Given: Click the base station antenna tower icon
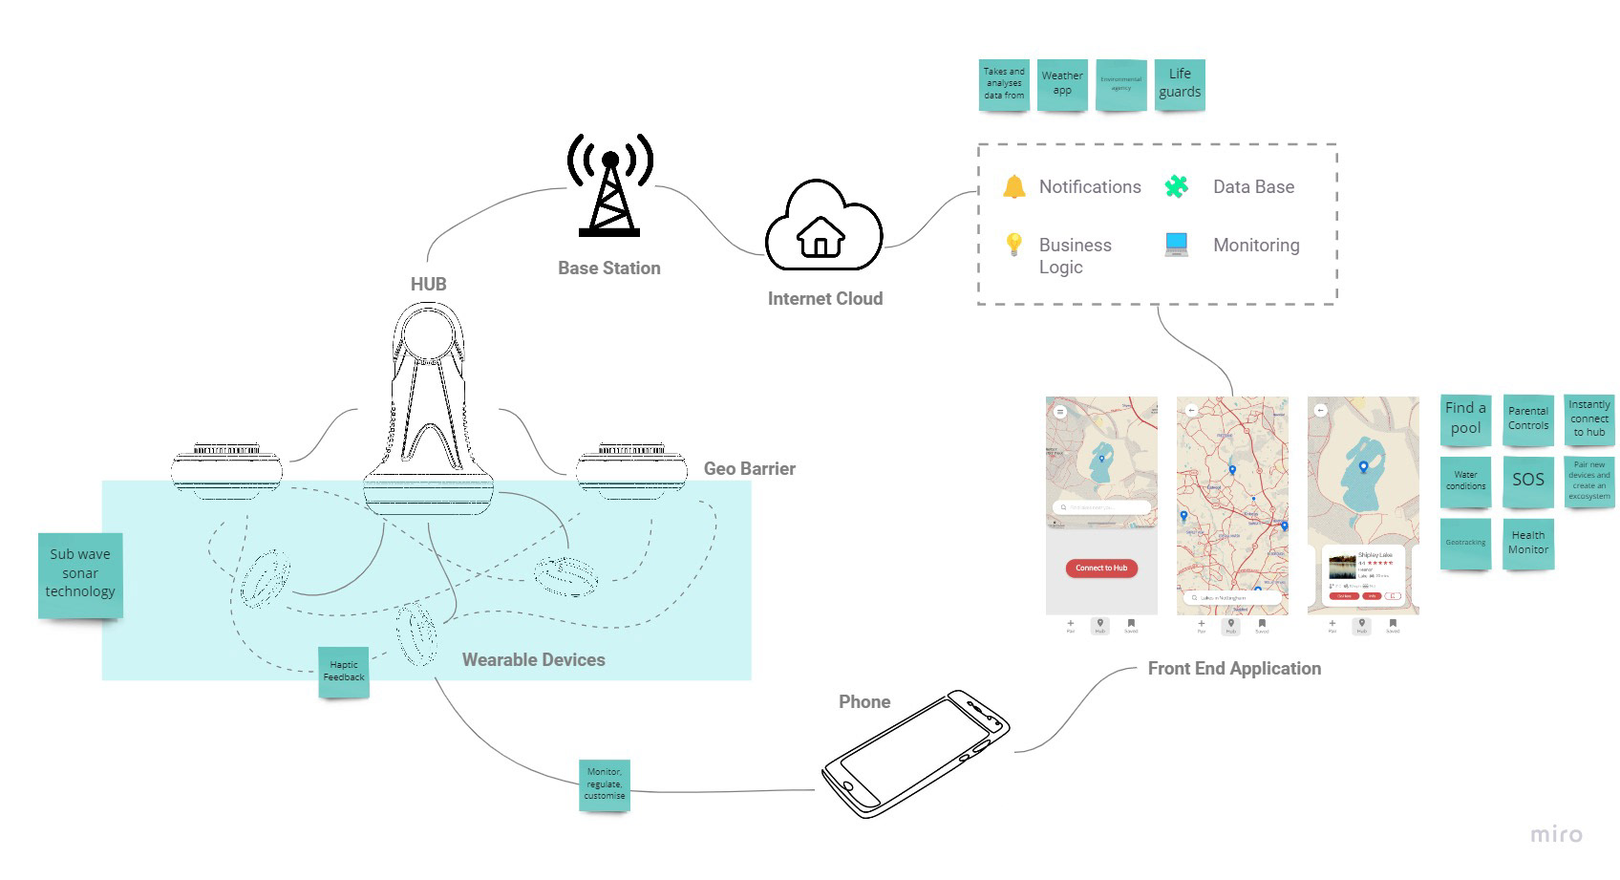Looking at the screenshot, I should (609, 186).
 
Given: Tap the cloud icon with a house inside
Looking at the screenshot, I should (822, 226).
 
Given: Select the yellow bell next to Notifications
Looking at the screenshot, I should (1013, 186).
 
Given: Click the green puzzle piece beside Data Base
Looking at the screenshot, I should (1176, 186).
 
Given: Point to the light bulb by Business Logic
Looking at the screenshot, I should (1013, 245).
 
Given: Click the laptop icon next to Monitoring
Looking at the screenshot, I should (1176, 245).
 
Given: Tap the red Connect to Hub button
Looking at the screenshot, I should (1100, 568).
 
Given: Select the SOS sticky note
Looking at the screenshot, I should (1527, 480).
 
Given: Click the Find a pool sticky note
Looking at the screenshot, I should (1465, 419).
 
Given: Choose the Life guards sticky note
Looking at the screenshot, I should (1180, 83).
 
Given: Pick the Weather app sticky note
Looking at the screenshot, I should (1062, 83).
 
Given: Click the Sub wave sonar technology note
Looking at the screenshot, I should (80, 573).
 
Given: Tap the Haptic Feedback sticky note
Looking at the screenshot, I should (344, 671).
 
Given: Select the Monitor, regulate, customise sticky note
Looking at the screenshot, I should (605, 783).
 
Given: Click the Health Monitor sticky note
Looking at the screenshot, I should (1527, 543).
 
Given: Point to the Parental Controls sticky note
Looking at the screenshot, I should (1527, 419).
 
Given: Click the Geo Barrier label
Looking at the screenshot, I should (749, 468).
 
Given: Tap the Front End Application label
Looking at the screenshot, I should (1234, 669).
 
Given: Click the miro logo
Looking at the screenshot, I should (1556, 834).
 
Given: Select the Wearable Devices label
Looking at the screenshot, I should (533, 659).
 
